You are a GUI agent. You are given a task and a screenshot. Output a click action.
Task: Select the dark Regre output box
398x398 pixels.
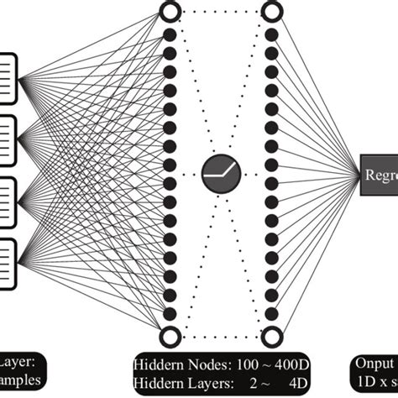pos(379,175)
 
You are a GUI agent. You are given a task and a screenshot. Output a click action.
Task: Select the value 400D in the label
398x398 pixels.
pos(285,365)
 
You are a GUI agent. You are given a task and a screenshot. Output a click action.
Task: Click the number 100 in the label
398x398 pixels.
pos(246,365)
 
